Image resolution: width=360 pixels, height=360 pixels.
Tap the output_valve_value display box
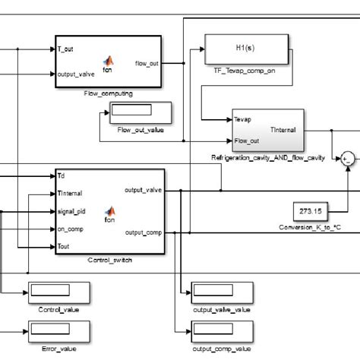pos(222,292)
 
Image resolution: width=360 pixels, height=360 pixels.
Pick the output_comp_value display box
pos(222,331)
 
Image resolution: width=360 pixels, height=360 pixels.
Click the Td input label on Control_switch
pos(62,175)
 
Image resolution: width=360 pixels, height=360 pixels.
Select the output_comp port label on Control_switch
pos(143,232)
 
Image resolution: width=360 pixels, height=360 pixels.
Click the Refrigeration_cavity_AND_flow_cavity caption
pos(268,157)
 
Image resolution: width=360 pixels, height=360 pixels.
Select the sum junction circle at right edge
pos(348,158)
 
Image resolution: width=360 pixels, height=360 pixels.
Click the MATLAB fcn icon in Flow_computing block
pos(107,61)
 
